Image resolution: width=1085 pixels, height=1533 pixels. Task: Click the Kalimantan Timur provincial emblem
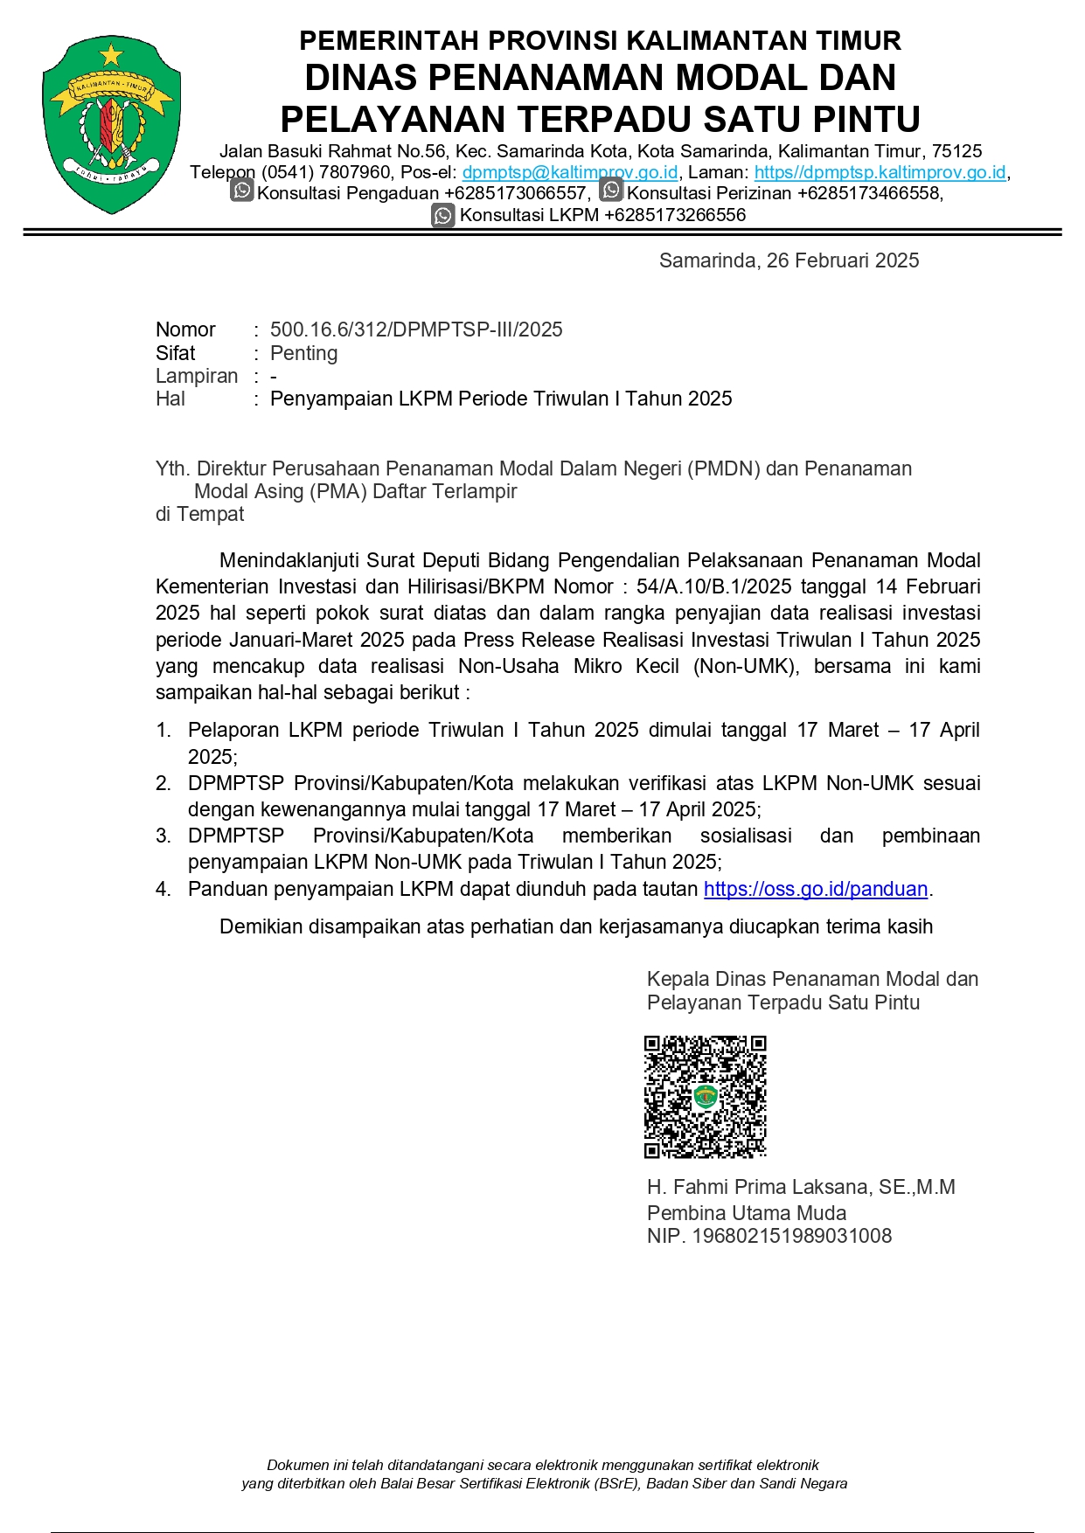(x=112, y=125)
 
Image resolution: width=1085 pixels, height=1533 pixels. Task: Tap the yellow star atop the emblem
(x=111, y=55)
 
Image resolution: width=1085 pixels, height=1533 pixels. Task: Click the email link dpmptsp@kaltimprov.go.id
(x=569, y=172)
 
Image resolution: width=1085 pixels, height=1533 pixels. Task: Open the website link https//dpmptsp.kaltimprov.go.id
(x=880, y=172)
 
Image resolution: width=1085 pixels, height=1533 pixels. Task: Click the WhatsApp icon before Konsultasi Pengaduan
(x=242, y=191)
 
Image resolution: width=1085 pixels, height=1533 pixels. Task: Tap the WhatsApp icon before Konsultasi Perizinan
(x=611, y=191)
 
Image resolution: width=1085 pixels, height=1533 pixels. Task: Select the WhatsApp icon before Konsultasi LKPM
(x=443, y=215)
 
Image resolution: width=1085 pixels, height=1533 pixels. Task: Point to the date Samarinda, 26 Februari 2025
(x=789, y=260)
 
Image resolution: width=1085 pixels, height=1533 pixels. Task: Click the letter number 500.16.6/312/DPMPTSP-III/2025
(x=416, y=329)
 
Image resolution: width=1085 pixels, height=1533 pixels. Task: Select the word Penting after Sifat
(x=303, y=353)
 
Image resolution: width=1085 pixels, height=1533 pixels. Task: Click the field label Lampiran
(x=197, y=376)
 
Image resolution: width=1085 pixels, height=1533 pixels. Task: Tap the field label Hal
(x=170, y=399)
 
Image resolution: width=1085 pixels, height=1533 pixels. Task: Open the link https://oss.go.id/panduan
(x=815, y=889)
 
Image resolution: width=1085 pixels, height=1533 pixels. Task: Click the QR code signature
(x=705, y=1097)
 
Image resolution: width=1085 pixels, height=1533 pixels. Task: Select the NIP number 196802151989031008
(x=791, y=1236)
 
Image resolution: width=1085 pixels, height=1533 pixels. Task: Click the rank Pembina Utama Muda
(x=747, y=1213)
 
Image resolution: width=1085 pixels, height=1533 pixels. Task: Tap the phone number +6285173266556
(x=674, y=215)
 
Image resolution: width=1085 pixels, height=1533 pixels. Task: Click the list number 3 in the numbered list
(x=163, y=836)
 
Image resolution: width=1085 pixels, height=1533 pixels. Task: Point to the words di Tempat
(x=199, y=514)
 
